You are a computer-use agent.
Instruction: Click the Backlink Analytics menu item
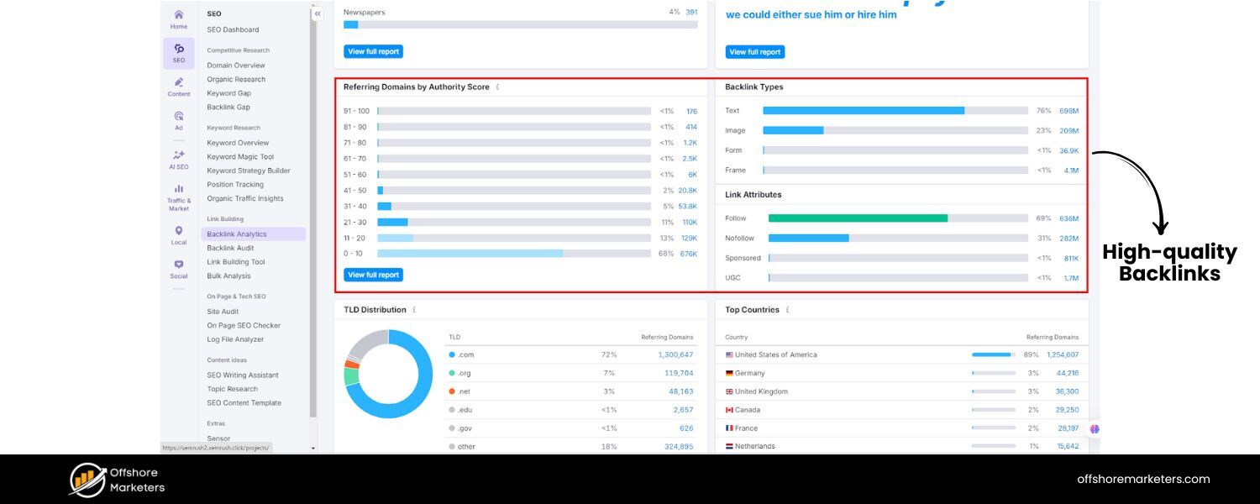tap(237, 234)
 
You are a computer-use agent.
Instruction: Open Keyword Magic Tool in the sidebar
tap(240, 157)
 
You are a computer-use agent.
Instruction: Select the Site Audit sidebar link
tap(223, 312)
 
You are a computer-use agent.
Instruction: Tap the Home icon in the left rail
tap(179, 18)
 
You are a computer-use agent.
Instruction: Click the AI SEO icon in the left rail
tap(179, 159)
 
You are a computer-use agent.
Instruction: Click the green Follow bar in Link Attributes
tap(858, 218)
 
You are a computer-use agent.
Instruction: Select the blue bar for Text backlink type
tap(864, 110)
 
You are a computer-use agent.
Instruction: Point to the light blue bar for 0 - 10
tap(470, 253)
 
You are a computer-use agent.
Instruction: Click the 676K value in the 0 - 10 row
tap(688, 254)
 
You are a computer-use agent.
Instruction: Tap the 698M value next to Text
tap(1068, 111)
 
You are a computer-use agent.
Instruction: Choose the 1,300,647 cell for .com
tap(675, 354)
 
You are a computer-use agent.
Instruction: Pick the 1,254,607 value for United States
tap(1063, 354)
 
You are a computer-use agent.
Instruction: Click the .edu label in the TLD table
tap(465, 410)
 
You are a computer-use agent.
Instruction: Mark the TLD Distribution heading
tap(375, 310)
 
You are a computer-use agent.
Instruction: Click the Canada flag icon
tap(729, 410)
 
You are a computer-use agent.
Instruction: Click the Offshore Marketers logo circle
tap(87, 480)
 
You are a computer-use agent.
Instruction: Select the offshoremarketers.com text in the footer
tap(1143, 480)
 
